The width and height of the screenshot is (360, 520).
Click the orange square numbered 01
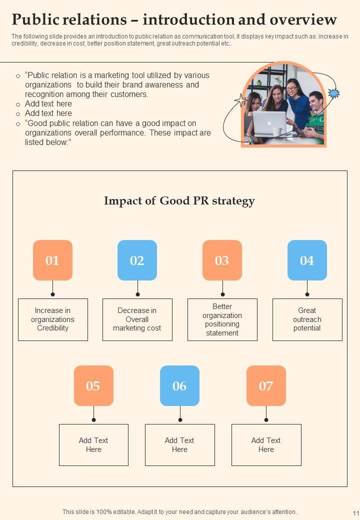point(52,260)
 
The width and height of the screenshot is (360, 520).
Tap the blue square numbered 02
point(137,260)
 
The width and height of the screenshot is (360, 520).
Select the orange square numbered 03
point(222,260)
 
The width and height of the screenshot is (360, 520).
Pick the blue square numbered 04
point(307,260)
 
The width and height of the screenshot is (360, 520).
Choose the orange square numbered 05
point(93,385)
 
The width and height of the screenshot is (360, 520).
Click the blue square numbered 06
point(179,385)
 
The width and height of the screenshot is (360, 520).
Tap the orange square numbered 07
point(266,385)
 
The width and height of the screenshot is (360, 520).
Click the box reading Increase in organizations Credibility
point(52,319)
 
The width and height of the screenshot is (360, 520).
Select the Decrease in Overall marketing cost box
point(137,319)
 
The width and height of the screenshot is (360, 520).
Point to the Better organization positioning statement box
point(222,319)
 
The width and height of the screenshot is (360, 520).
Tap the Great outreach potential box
point(307,319)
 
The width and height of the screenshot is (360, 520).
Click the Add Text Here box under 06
point(179,444)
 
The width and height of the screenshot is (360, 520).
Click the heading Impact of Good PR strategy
point(179,201)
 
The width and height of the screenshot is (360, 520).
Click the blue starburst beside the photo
point(333,93)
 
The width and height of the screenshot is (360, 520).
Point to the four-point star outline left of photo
point(240,100)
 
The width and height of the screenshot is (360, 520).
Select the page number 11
point(355,513)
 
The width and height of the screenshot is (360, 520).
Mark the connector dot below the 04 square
point(307,294)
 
